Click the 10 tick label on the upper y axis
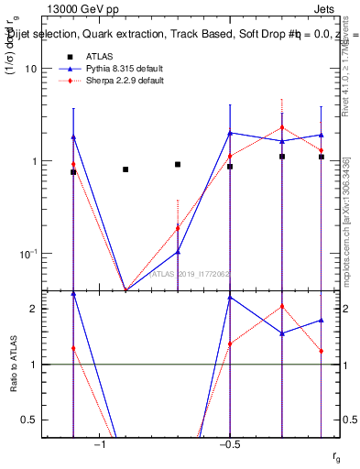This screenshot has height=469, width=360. click(31, 69)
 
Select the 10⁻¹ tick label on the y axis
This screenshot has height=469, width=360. click(27, 253)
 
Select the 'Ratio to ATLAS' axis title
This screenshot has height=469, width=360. click(13, 364)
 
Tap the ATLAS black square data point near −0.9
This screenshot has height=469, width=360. click(125, 169)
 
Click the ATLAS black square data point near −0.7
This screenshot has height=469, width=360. click(178, 165)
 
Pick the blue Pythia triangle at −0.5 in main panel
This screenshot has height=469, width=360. click(230, 133)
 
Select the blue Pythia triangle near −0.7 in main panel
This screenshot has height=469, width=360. click(178, 252)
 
